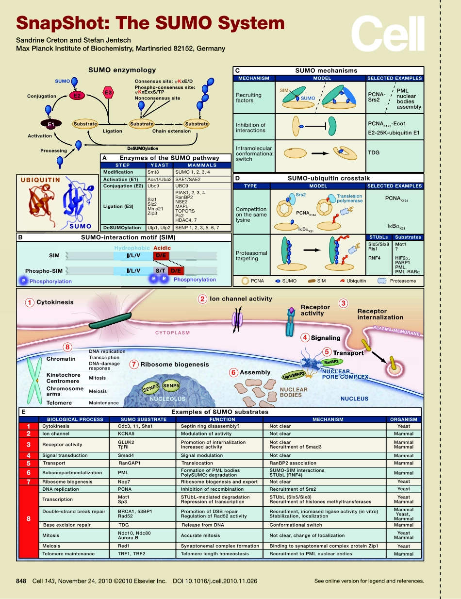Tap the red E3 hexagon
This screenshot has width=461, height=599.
pyautogui.click(x=108, y=92)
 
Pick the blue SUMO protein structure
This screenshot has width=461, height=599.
pyautogui.click(x=78, y=202)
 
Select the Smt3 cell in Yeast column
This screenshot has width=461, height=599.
pyautogui.click(x=152, y=172)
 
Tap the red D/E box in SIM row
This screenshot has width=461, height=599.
pyautogui.click(x=161, y=255)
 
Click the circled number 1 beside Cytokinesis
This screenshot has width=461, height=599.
pyautogui.click(x=30, y=302)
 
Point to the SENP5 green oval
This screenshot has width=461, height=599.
pyautogui.click(x=171, y=386)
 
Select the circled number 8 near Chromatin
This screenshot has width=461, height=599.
pyautogui.click(x=68, y=347)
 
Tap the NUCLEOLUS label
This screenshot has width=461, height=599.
pyautogui.click(x=167, y=399)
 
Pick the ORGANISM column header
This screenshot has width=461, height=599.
pyautogui.click(x=403, y=419)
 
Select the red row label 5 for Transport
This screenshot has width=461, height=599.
pyautogui.click(x=29, y=464)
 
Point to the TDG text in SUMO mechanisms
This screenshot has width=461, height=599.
pyautogui.click(x=374, y=152)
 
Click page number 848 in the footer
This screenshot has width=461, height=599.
pyautogui.click(x=21, y=581)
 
